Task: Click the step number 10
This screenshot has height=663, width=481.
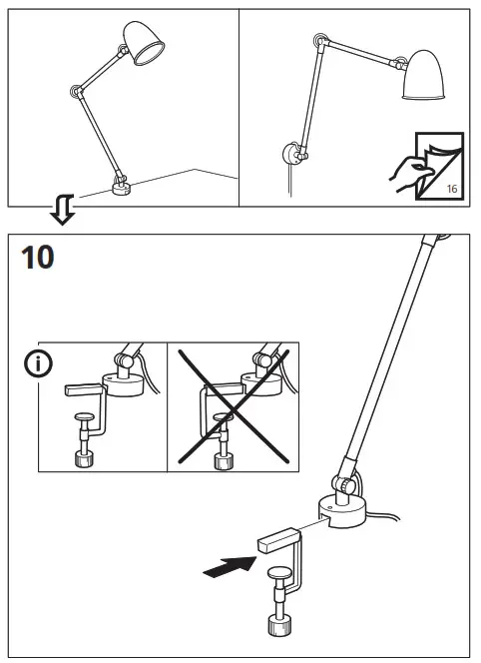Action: [x=37, y=258]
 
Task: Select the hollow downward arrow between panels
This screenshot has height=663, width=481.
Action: [x=62, y=209]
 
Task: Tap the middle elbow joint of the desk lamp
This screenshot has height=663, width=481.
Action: [x=77, y=94]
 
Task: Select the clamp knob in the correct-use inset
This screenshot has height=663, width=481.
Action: [x=84, y=459]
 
